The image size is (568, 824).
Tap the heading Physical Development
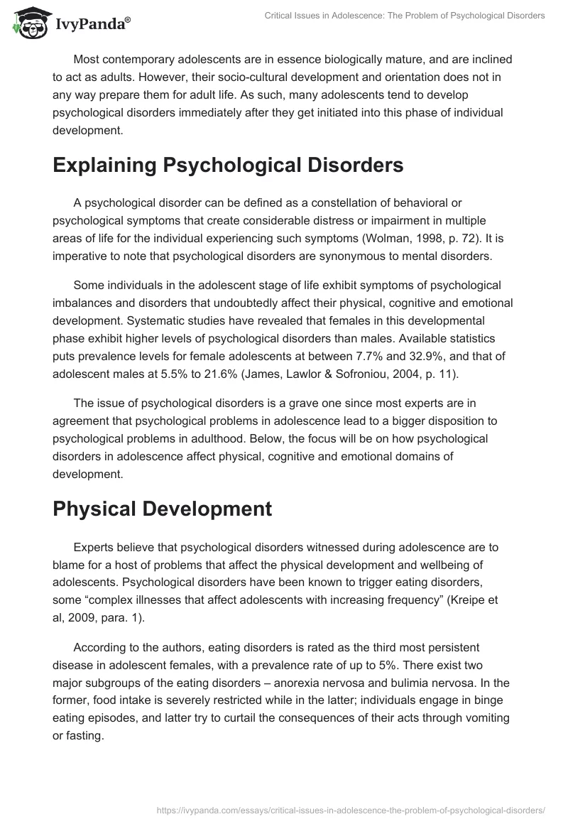[163, 509]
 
